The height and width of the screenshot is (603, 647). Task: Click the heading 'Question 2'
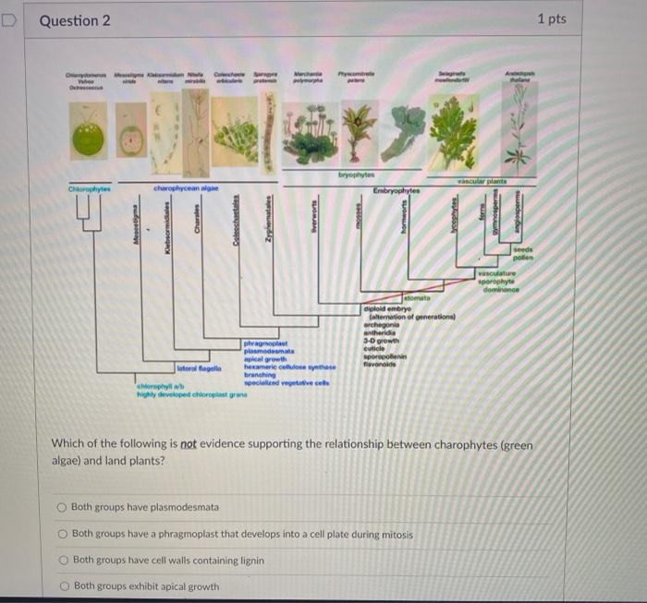75,20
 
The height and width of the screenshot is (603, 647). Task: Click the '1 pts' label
551,19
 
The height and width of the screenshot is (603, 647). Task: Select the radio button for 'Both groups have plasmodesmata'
62,507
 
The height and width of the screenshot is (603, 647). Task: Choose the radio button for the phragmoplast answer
62,533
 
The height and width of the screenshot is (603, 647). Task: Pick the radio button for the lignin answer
62,560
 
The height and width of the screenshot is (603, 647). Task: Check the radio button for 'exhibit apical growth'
62,585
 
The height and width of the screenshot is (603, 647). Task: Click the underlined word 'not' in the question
189,442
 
